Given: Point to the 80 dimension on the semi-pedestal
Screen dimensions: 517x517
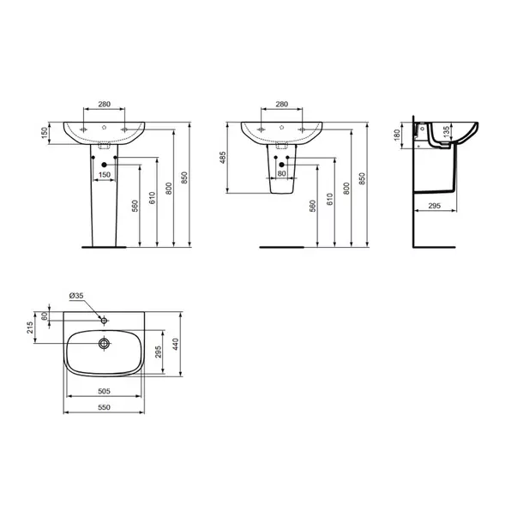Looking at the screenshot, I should pyautogui.click(x=283, y=174).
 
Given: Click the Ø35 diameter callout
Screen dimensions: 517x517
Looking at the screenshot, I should pyautogui.click(x=77, y=297).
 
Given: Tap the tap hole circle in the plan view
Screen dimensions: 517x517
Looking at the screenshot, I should pyautogui.click(x=103, y=321).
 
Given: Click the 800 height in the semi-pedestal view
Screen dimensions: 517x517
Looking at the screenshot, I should pyautogui.click(x=346, y=190).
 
